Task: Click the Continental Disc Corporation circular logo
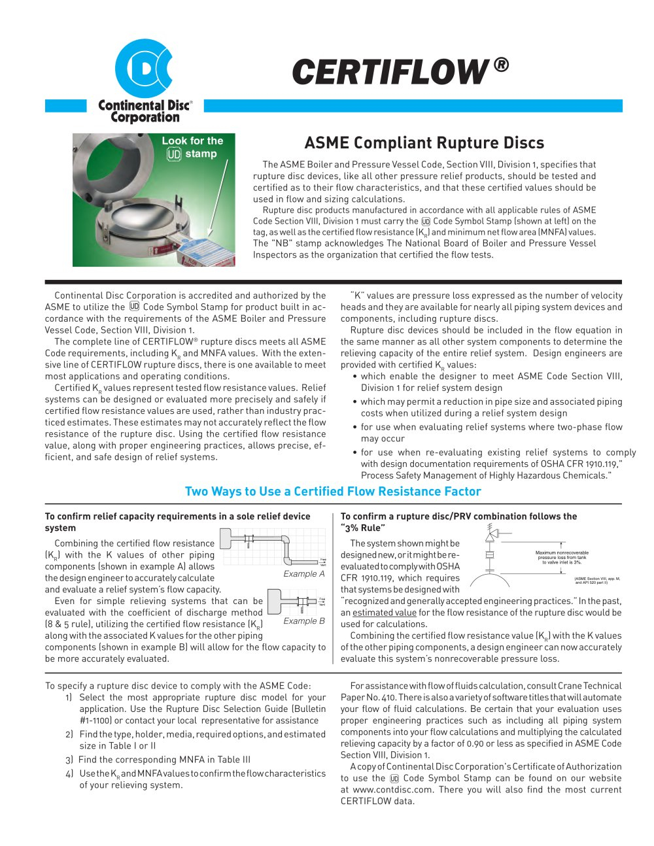coord(143,69)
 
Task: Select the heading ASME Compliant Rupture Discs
coord(424,143)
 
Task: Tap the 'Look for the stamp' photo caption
coord(192,147)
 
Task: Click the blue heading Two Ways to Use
coord(333,492)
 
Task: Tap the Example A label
coord(304,574)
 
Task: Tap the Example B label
coord(304,621)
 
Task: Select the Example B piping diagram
coord(294,600)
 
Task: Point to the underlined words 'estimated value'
coord(385,613)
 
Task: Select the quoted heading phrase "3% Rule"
coord(363,528)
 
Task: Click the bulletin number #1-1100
coord(88,720)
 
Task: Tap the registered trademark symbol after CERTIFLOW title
coord(500,65)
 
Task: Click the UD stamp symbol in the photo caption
coord(173,154)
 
